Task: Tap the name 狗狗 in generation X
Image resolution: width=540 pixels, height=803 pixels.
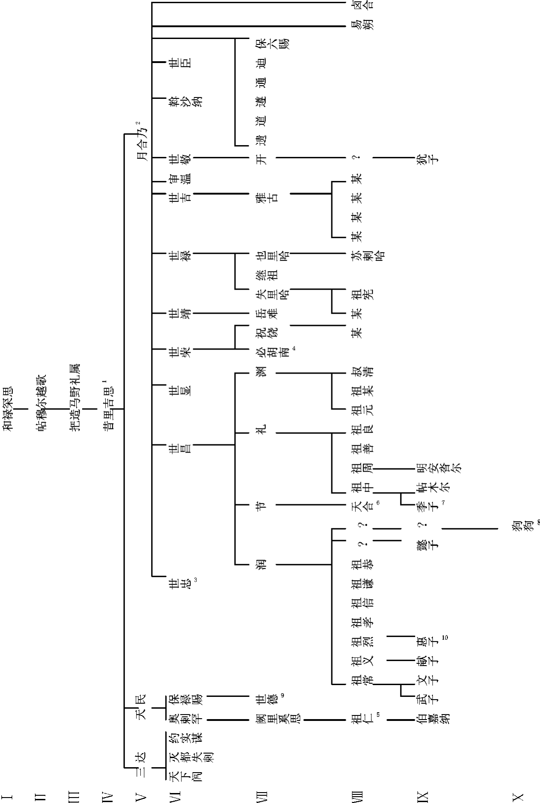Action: [x=517, y=529]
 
